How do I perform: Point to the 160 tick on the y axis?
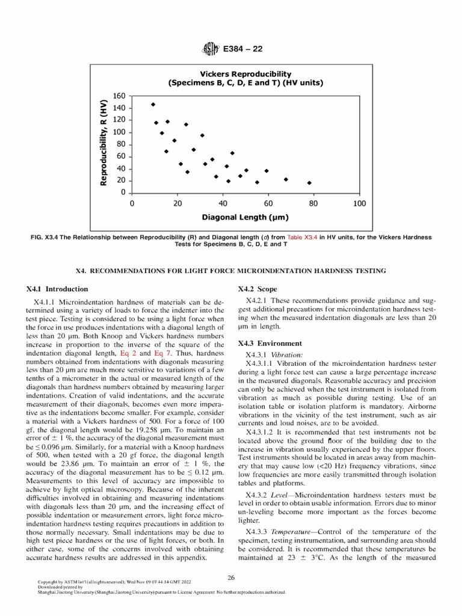pyautogui.click(x=118, y=96)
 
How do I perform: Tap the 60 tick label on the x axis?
pyautogui.click(x=268, y=203)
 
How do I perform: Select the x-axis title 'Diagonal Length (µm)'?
pyautogui.click(x=245, y=217)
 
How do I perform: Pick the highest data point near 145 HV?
pyautogui.click(x=153, y=105)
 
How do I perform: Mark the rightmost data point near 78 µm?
pyautogui.click(x=309, y=183)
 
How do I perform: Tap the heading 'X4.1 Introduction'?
pyautogui.click(x=58, y=289)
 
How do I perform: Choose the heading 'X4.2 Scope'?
pyautogui.click(x=257, y=289)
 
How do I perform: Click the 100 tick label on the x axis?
pyautogui.click(x=359, y=203)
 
